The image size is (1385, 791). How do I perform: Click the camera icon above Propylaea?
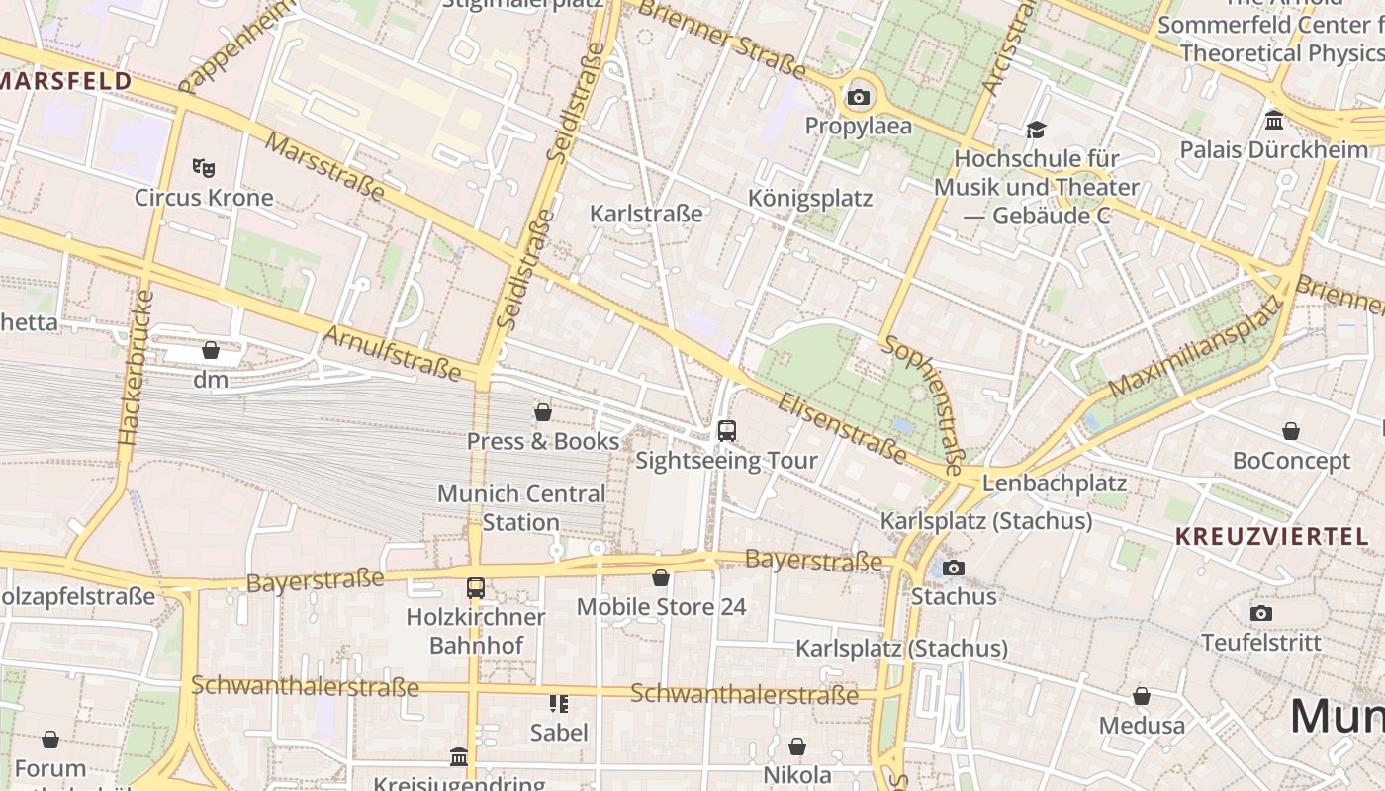coord(858,97)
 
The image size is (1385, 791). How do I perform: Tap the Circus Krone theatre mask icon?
coord(204,167)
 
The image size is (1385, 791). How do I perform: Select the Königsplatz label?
coord(810,199)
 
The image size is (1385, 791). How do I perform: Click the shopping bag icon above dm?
coord(210,350)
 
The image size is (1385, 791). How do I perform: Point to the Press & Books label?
coord(543,441)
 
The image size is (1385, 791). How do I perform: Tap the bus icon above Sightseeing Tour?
coord(727,430)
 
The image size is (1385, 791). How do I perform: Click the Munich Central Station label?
coord(521,507)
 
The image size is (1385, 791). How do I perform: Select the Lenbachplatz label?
coord(1054,483)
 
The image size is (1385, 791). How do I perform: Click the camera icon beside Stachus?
coord(954,568)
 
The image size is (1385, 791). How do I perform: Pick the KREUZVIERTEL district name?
coord(1271,537)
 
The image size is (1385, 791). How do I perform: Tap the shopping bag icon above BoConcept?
coord(1291,431)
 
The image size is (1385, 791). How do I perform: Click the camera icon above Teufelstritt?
coord(1260,613)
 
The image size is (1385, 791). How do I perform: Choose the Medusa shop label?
coord(1142,726)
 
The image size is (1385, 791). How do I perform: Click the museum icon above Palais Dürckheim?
coord(1274,121)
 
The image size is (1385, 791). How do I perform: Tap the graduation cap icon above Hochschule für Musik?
coord(1036,130)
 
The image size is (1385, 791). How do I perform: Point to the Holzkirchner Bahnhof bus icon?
coord(476,587)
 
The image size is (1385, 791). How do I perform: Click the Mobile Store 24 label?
coord(661,607)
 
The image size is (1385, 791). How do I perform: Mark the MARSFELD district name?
coord(65,81)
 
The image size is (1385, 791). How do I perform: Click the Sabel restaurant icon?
coord(559,703)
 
